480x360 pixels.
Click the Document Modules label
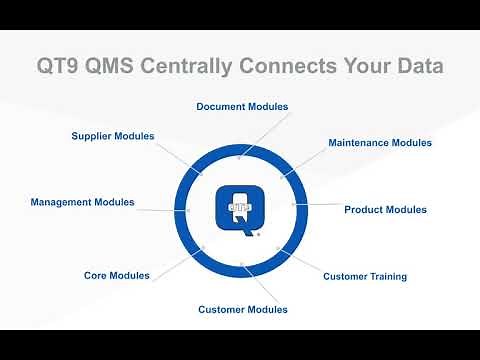242,106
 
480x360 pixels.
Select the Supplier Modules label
113,135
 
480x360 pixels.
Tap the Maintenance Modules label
380,143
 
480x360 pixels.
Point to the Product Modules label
385,210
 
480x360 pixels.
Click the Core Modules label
117,275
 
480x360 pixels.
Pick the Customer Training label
365,276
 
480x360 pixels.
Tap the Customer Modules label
243,309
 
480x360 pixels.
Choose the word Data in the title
416,66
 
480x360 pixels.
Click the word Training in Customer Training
386,276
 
